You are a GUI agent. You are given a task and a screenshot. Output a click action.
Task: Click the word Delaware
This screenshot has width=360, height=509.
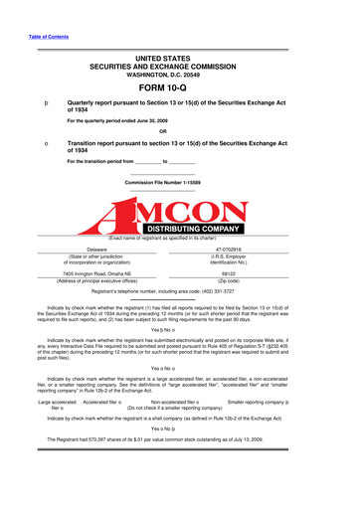click(x=96, y=249)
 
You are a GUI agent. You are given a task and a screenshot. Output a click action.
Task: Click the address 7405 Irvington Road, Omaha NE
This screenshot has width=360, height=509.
click(x=96, y=272)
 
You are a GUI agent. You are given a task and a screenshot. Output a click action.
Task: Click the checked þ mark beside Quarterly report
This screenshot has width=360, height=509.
click(x=34, y=102)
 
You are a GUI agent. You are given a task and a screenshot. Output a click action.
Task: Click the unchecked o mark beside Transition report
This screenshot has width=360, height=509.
click(x=34, y=143)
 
